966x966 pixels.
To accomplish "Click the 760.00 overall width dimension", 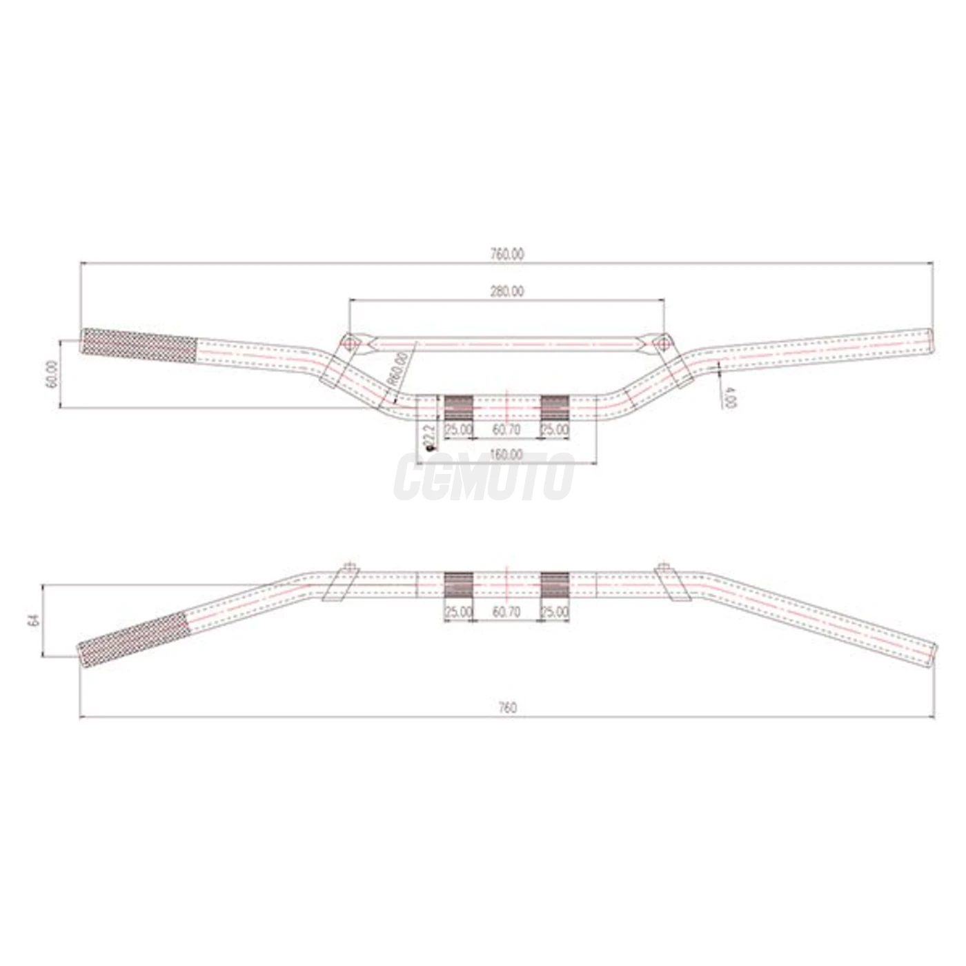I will click(x=507, y=254).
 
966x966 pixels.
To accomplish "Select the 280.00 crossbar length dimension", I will click(x=507, y=291).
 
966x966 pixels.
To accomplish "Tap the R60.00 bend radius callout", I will click(x=397, y=369).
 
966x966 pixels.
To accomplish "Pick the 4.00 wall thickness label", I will click(x=729, y=397).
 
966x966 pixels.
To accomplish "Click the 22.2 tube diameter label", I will click(x=428, y=437).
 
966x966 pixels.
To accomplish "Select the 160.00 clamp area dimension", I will click(x=507, y=455).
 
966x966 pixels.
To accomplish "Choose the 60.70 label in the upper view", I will click(x=506, y=430).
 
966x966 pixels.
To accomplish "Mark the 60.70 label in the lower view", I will click(x=506, y=612).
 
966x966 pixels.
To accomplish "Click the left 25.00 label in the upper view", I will click(x=458, y=430).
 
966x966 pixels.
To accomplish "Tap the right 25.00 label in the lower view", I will click(x=555, y=612).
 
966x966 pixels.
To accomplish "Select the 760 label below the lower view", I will click(x=507, y=707).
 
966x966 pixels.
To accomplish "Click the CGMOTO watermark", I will click(x=484, y=476).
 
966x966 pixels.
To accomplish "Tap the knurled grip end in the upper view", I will click(x=140, y=342).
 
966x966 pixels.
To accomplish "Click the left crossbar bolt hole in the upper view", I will click(x=348, y=342).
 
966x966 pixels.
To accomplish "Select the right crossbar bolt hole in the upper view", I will click(x=662, y=342).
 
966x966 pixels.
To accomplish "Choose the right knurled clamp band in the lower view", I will click(x=555, y=585).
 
